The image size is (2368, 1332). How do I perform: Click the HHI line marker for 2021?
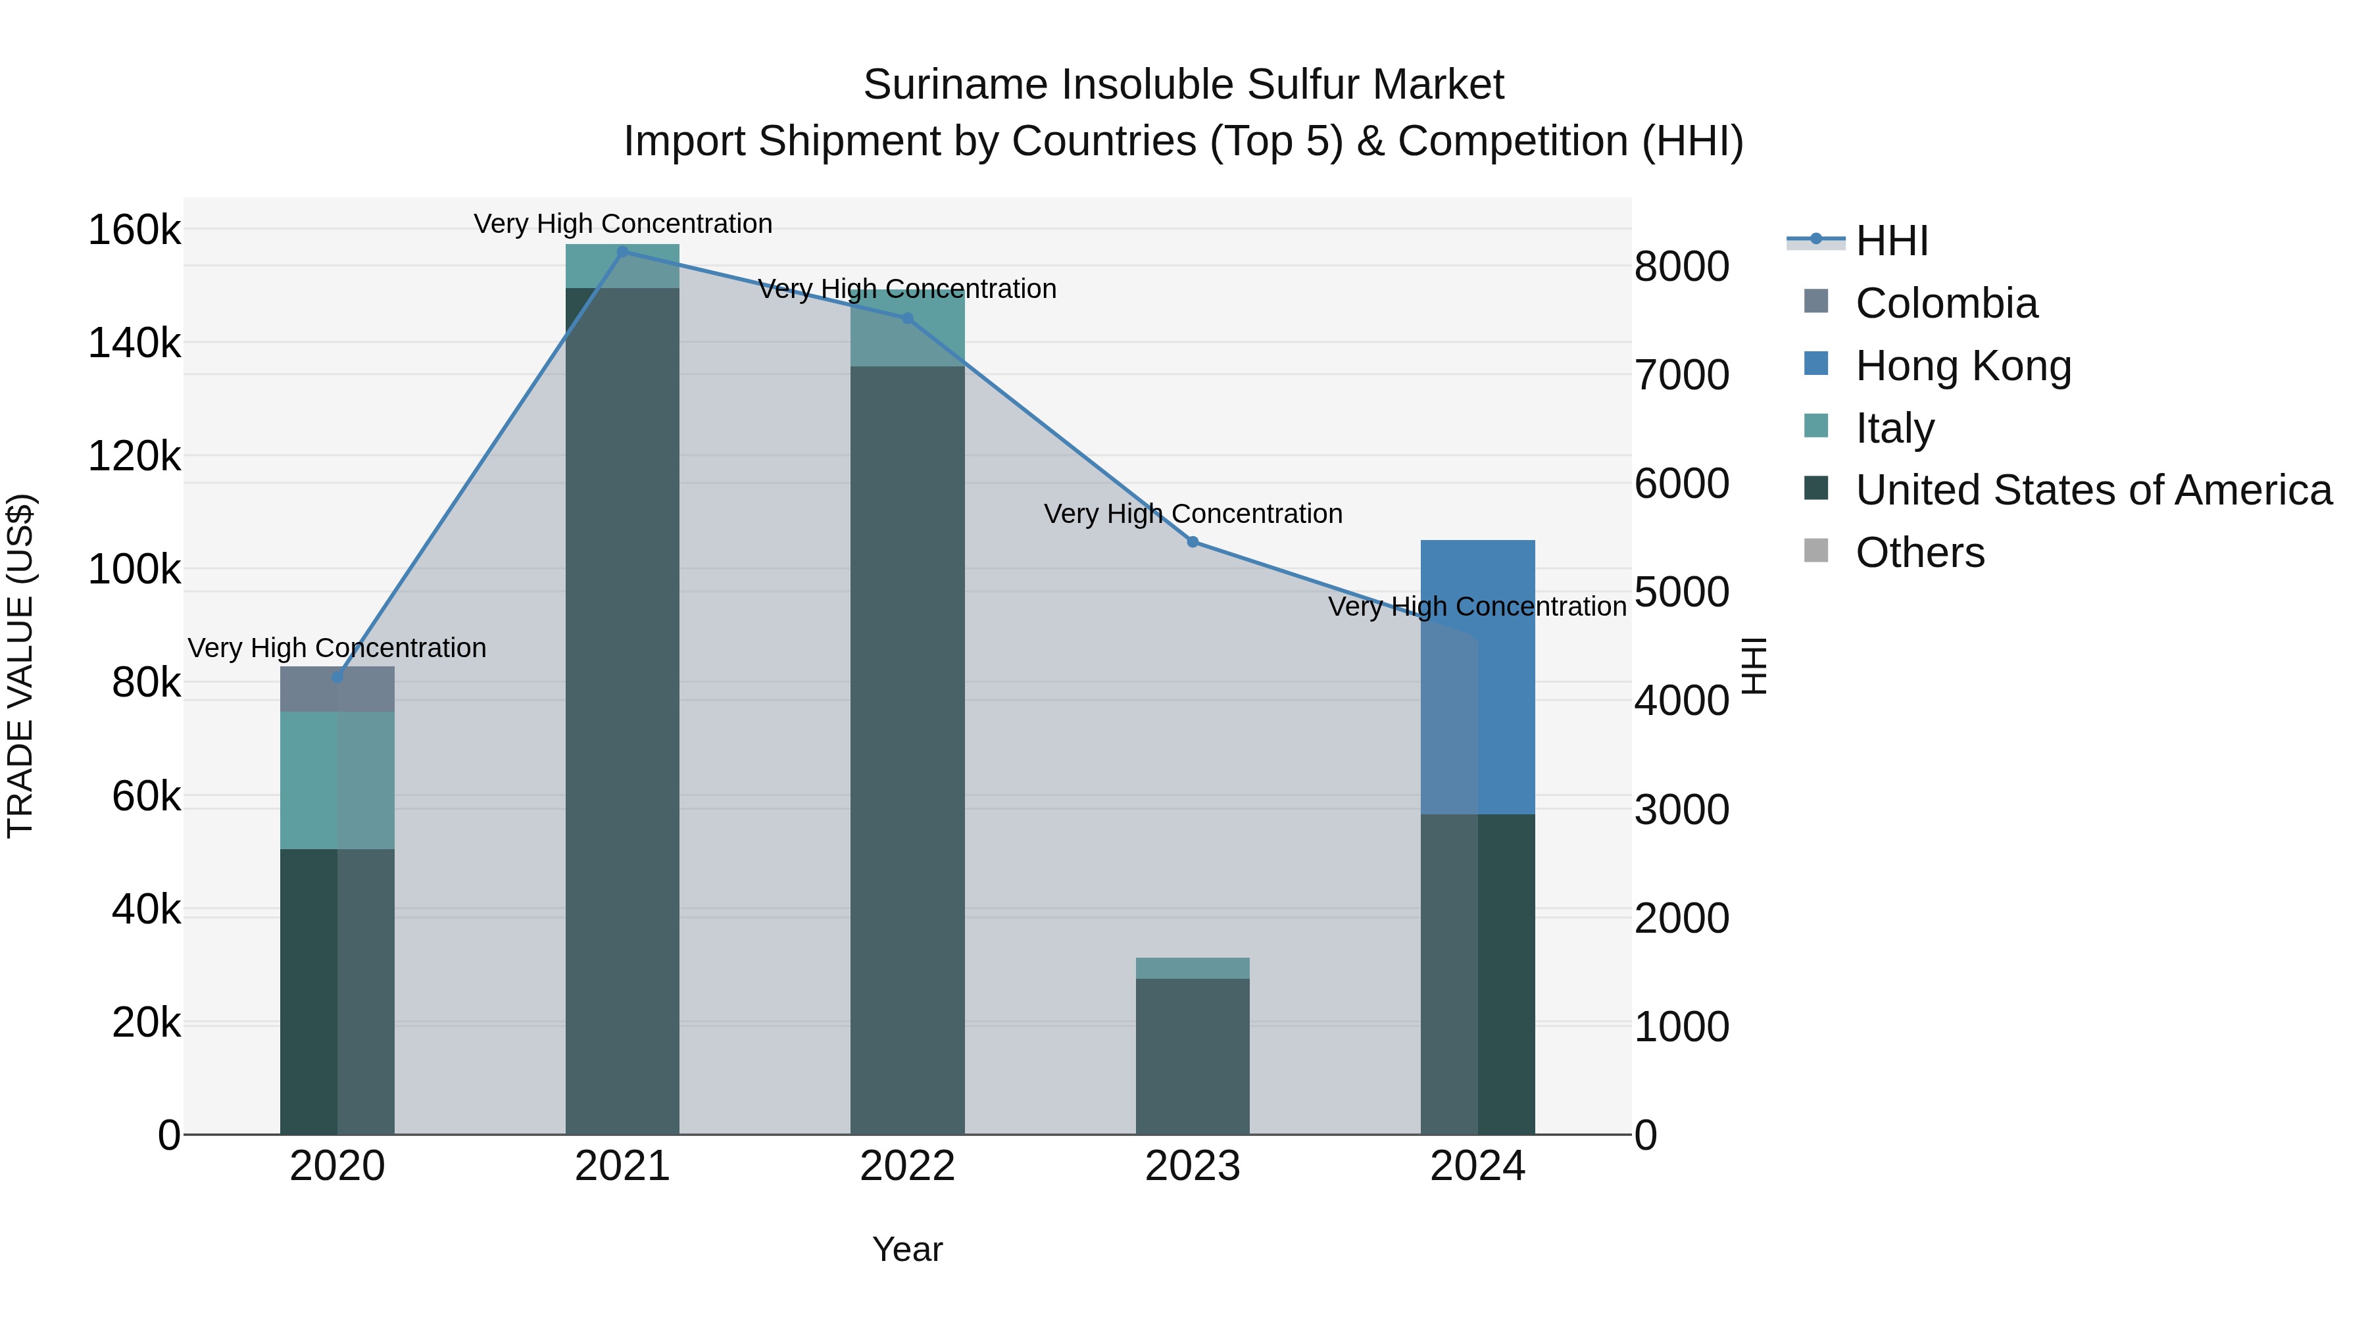622,252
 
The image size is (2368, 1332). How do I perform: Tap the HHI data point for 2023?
1193,543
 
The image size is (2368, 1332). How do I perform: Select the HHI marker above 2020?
337,678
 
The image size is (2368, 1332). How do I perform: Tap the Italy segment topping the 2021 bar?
622,266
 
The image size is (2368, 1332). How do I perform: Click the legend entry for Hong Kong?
1963,366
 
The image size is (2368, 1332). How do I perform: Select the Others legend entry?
1919,553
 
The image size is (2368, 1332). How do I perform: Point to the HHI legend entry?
1891,241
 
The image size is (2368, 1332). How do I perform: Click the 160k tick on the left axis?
134,230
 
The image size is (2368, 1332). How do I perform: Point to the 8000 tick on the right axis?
1681,268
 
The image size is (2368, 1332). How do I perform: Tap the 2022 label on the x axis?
907,1166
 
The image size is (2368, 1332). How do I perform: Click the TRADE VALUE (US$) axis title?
20,666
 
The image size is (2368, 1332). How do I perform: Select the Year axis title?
907,1249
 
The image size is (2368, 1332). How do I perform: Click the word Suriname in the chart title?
956,85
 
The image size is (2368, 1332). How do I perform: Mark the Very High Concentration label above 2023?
1193,514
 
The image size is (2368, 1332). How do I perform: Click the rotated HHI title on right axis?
1754,666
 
